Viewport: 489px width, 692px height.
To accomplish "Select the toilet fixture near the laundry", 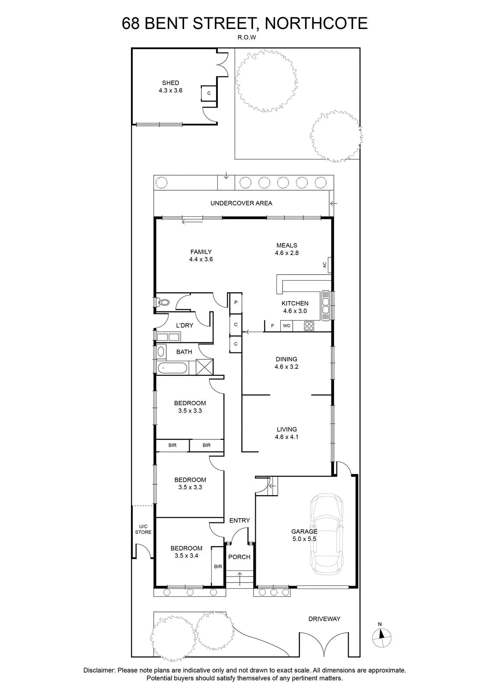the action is pos(162,301).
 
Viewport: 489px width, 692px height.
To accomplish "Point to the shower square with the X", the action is pos(205,367).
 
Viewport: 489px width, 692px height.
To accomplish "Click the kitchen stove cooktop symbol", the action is pos(309,326).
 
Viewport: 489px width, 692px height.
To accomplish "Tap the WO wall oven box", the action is pos(286,326).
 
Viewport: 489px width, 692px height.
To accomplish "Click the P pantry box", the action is pos(236,302).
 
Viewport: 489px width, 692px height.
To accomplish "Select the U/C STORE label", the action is pos(143,529).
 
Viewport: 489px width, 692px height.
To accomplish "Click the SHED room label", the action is pos(171,83).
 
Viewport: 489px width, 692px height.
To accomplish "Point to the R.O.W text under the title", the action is pos(247,37).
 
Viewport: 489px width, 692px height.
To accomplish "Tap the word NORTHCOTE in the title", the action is pos(316,23).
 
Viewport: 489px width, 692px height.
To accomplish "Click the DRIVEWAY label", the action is pos(324,618).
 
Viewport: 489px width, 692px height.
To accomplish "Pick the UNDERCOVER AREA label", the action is pos(241,203).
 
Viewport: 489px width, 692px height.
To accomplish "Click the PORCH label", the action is pos(239,557).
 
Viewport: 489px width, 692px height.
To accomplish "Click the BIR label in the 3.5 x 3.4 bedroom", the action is pos(218,566).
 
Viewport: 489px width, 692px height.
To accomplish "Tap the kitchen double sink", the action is pos(326,305).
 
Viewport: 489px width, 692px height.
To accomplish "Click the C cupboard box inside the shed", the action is pos(209,93).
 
